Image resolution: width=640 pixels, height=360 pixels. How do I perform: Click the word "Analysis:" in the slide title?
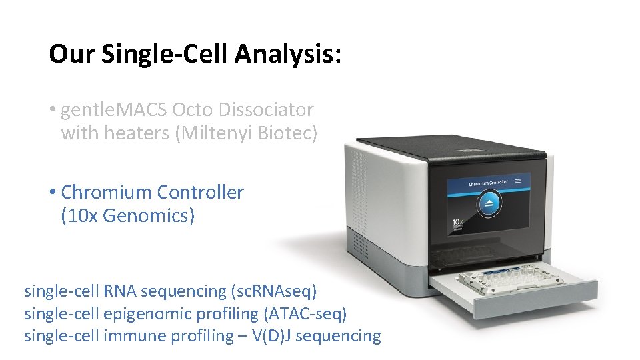click(288, 54)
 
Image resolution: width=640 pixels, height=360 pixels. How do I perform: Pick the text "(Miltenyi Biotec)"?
click(246, 133)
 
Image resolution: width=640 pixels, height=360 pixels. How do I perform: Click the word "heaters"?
click(138, 133)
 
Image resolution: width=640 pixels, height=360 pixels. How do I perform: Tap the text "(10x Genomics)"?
click(127, 217)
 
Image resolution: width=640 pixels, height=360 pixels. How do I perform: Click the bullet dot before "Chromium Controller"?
click(53, 193)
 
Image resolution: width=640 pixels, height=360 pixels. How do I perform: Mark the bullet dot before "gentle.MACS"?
click(53, 109)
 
